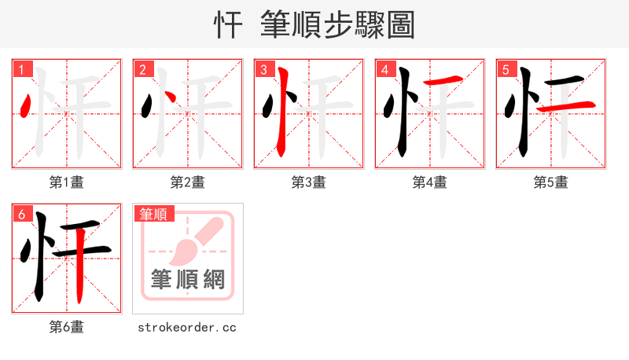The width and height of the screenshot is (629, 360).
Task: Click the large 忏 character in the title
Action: (229, 25)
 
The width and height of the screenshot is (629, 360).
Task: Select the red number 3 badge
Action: (264, 70)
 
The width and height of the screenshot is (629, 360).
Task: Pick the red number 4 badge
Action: (385, 70)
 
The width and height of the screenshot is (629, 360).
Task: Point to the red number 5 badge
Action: (506, 70)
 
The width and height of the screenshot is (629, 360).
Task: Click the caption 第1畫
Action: (67, 182)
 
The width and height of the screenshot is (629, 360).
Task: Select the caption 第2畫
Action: (188, 182)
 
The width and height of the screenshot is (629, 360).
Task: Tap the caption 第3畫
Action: (309, 182)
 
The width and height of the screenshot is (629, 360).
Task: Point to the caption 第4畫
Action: (430, 182)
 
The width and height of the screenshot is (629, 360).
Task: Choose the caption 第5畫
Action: (551, 182)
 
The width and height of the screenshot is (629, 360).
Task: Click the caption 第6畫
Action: (67, 327)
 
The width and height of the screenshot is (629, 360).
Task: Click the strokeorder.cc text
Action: (188, 327)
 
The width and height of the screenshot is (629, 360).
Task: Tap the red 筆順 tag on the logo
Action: (154, 214)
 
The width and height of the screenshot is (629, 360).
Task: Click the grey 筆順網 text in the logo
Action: (188, 279)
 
